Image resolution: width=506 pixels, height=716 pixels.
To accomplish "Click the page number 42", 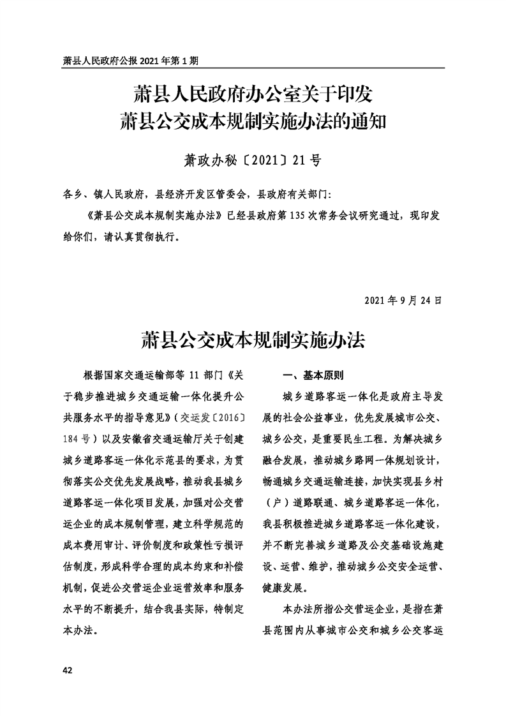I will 66,670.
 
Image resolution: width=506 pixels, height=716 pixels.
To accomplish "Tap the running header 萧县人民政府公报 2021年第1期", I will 131,61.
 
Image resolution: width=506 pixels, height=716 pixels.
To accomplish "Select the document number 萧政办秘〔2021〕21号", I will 253,160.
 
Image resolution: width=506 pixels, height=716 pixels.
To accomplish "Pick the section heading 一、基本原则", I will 313,376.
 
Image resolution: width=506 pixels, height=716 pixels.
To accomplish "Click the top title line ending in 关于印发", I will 253,94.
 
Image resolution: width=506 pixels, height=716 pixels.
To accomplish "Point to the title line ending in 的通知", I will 253,121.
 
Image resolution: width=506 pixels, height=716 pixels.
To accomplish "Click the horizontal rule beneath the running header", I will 253,68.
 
